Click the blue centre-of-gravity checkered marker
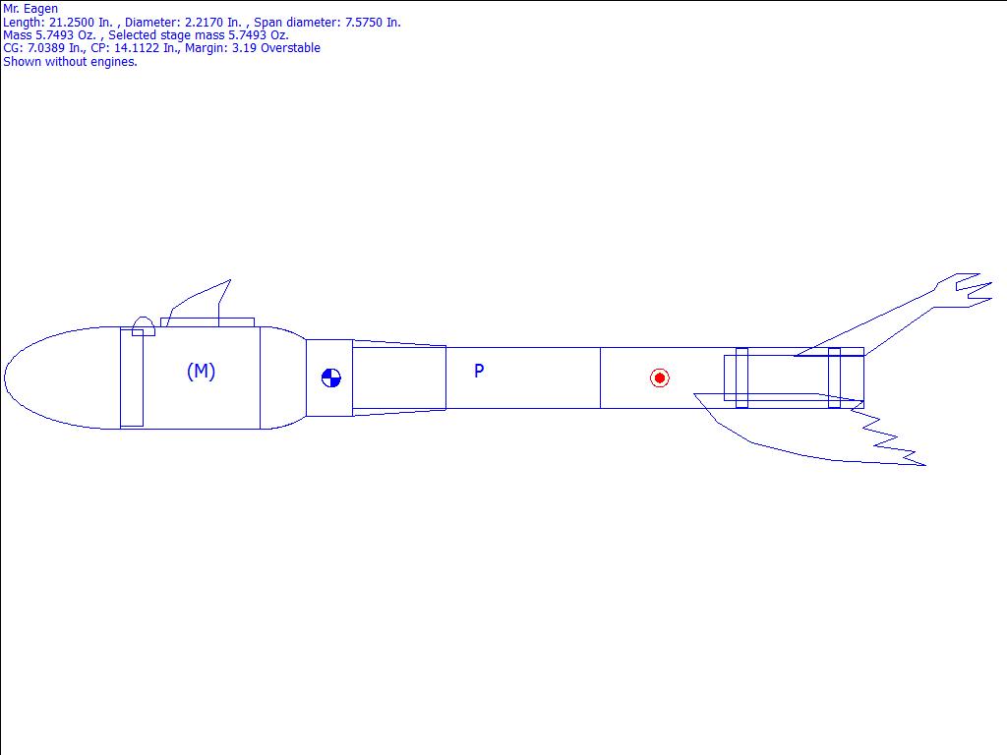click(x=330, y=377)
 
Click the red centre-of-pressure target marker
click(x=660, y=377)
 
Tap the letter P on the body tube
click(x=479, y=371)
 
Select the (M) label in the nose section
click(x=201, y=371)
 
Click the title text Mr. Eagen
click(x=30, y=8)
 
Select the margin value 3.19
click(x=244, y=47)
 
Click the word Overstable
click(x=290, y=47)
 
